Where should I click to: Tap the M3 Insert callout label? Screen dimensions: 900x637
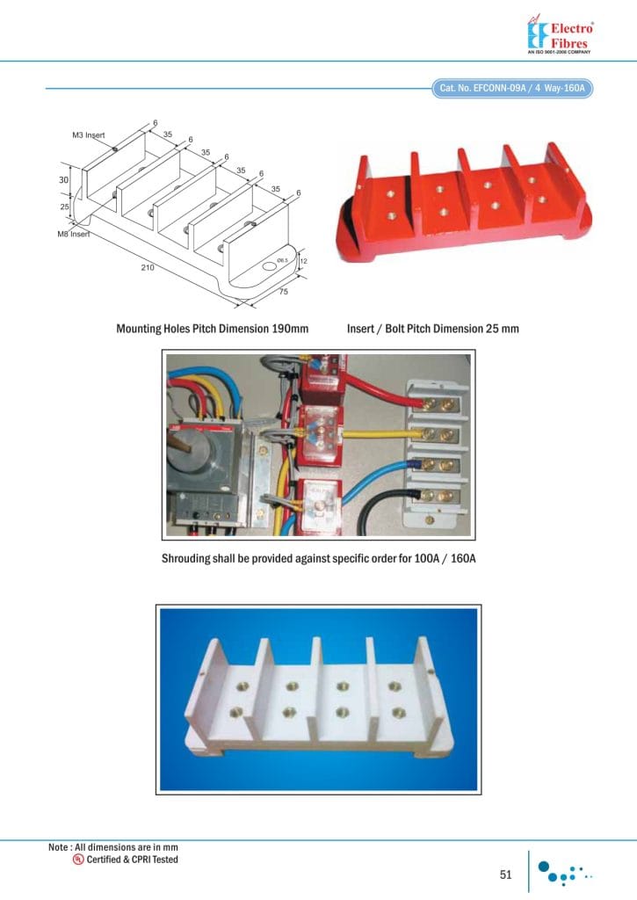(89, 135)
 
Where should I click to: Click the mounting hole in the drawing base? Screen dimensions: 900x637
(269, 264)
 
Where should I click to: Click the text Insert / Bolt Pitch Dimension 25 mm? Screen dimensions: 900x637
(432, 329)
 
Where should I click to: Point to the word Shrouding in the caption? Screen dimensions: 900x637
(189, 558)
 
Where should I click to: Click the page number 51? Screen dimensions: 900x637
(505, 874)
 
